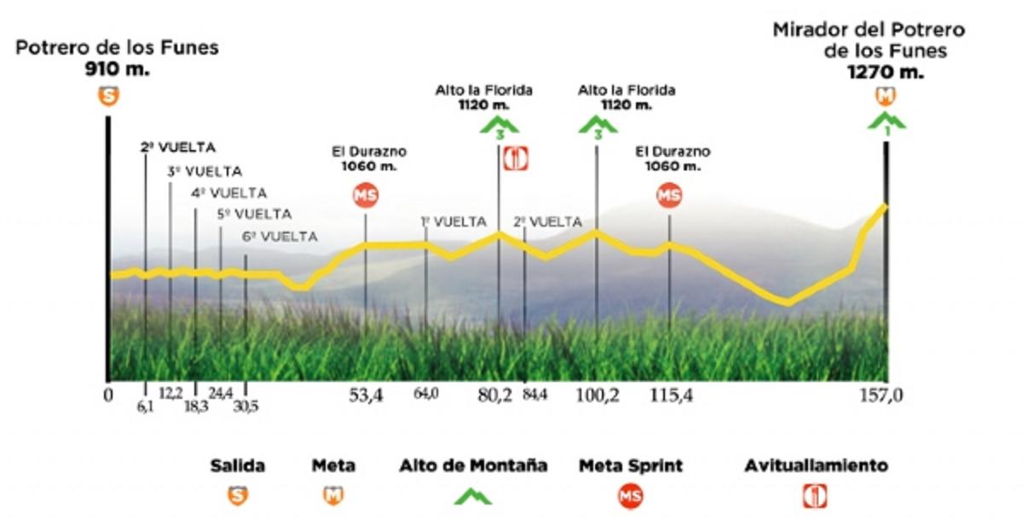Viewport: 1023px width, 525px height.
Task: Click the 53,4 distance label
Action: (367, 395)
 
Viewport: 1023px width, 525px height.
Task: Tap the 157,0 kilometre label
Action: (884, 395)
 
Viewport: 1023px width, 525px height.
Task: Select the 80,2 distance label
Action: (495, 395)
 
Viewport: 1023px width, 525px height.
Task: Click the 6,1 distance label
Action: (146, 407)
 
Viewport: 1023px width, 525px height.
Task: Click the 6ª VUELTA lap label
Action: (280, 236)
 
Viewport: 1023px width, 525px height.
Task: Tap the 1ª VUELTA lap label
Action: (454, 222)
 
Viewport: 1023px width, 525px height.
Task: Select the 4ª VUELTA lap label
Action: (228, 193)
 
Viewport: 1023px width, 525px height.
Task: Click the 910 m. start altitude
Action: (118, 70)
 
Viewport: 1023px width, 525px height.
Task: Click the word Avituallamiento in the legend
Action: (816, 466)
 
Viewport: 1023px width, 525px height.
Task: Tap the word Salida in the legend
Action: (238, 466)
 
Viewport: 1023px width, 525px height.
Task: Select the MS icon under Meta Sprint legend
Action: (631, 496)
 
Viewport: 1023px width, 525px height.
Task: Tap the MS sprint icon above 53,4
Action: (366, 195)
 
